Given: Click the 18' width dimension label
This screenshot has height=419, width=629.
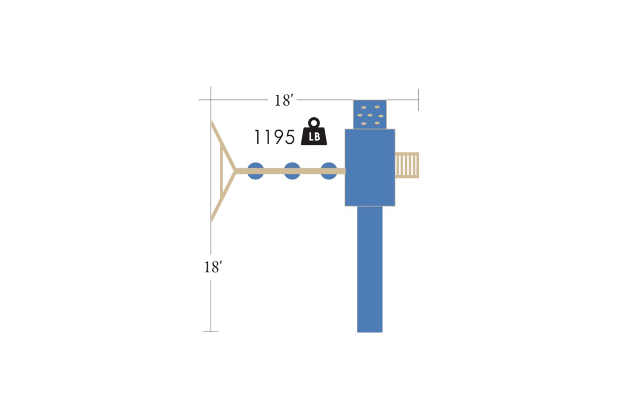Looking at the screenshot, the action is [x=283, y=101].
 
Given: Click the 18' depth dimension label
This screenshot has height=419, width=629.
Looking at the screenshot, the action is [x=213, y=267].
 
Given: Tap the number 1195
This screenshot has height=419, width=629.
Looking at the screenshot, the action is [x=274, y=137].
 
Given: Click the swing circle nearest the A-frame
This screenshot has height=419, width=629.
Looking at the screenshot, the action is [x=255, y=171].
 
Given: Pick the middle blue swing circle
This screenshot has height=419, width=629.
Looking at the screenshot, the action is [x=292, y=171].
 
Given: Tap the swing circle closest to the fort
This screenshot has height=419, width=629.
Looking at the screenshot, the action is [x=329, y=171].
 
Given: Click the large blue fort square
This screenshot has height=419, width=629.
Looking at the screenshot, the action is [x=370, y=168].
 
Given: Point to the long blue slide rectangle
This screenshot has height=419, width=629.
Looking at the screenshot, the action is [x=370, y=269].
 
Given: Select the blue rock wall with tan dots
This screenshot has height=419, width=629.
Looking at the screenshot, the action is [x=370, y=114].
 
